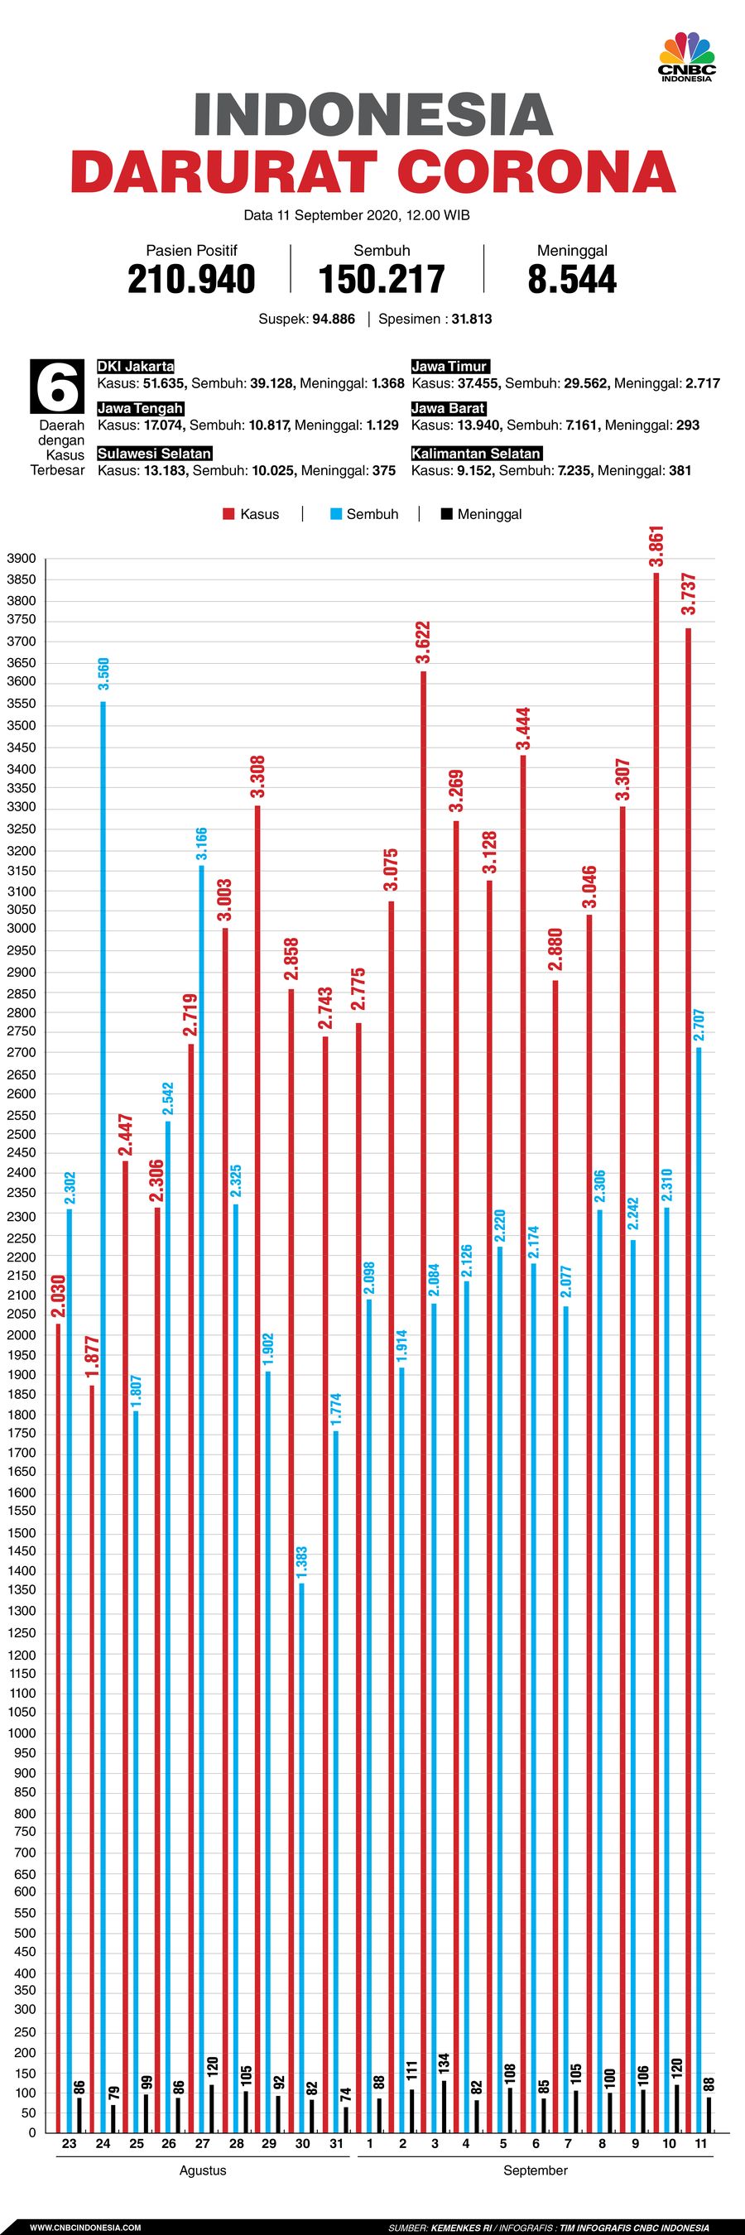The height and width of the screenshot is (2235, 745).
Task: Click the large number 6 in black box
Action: pos(58,387)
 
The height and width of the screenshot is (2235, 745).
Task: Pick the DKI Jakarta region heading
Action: pos(135,366)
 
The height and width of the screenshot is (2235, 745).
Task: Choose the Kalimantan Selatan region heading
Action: pos(475,453)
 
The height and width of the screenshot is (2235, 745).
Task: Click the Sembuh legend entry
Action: pos(364,513)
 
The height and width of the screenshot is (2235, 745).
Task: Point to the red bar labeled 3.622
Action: pos(423,1388)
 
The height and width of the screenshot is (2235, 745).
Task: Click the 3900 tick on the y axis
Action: pos(21,558)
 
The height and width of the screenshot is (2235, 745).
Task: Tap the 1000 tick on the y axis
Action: pos(21,1733)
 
